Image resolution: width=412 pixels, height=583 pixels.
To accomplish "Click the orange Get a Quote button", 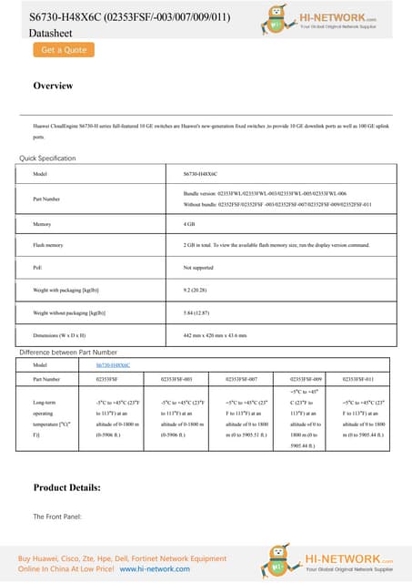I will pyautogui.click(x=63, y=51).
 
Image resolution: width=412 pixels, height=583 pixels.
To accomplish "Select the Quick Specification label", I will pyautogui.click(x=47, y=159).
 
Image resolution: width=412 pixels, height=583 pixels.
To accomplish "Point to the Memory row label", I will pyautogui.click(x=41, y=223).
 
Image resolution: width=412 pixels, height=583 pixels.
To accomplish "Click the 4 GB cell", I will pyautogui.click(x=189, y=223).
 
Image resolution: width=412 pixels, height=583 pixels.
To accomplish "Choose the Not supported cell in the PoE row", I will pyautogui.click(x=198, y=268).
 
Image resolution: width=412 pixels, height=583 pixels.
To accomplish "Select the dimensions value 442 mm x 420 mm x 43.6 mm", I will pyautogui.click(x=215, y=335).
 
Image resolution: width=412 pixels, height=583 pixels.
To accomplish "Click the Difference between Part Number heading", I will pyautogui.click(x=68, y=352).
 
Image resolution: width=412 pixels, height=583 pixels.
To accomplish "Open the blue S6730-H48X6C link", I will pyautogui.click(x=114, y=364).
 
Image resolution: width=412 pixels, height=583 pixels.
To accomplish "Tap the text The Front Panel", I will pyautogui.click(x=57, y=517).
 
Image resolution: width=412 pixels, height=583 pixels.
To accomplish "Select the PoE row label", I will pyautogui.click(x=37, y=268).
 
